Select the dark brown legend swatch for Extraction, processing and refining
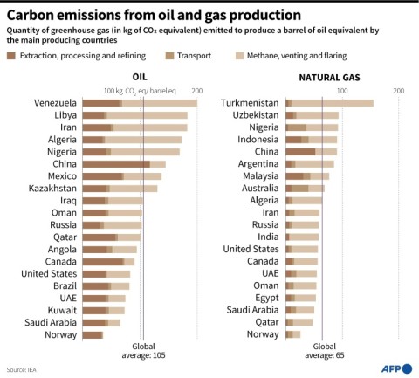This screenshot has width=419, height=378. [x=11, y=55]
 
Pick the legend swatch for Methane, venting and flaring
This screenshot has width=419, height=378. [x=237, y=55]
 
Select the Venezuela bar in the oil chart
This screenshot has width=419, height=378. [x=139, y=103]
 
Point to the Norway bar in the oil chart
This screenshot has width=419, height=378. [x=93, y=334]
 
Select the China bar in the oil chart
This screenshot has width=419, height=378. [x=121, y=163]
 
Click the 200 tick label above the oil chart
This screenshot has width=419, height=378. [x=196, y=91]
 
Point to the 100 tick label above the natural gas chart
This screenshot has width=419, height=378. [x=341, y=91]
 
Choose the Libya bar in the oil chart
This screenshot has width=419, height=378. [x=134, y=115]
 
